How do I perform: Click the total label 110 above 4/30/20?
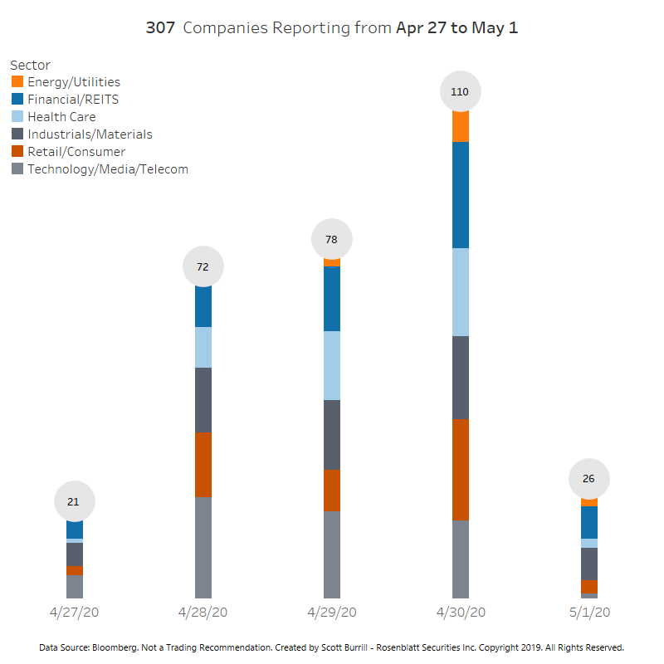pos(460,92)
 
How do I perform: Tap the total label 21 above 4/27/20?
pos(75,501)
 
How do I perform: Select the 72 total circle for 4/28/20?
pos(203,266)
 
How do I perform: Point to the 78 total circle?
pos(331,240)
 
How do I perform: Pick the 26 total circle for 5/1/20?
pos(588,479)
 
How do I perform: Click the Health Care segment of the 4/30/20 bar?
pos(460,292)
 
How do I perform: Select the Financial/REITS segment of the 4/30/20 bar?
pos(460,195)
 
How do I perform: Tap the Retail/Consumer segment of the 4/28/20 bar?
pos(203,465)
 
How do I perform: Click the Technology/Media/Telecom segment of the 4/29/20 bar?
pos(331,554)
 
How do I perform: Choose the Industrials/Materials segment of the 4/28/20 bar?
pos(203,400)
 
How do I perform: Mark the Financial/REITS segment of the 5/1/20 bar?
pos(588,522)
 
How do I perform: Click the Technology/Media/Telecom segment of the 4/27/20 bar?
pos(75,586)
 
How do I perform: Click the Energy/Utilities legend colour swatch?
pos(17,81)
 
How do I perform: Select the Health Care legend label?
pos(61,117)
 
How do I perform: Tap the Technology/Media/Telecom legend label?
pos(108,169)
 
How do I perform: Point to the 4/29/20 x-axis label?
pos(331,613)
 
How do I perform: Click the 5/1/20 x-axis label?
pos(588,613)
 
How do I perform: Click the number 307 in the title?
pos(160,27)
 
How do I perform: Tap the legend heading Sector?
pos(30,65)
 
